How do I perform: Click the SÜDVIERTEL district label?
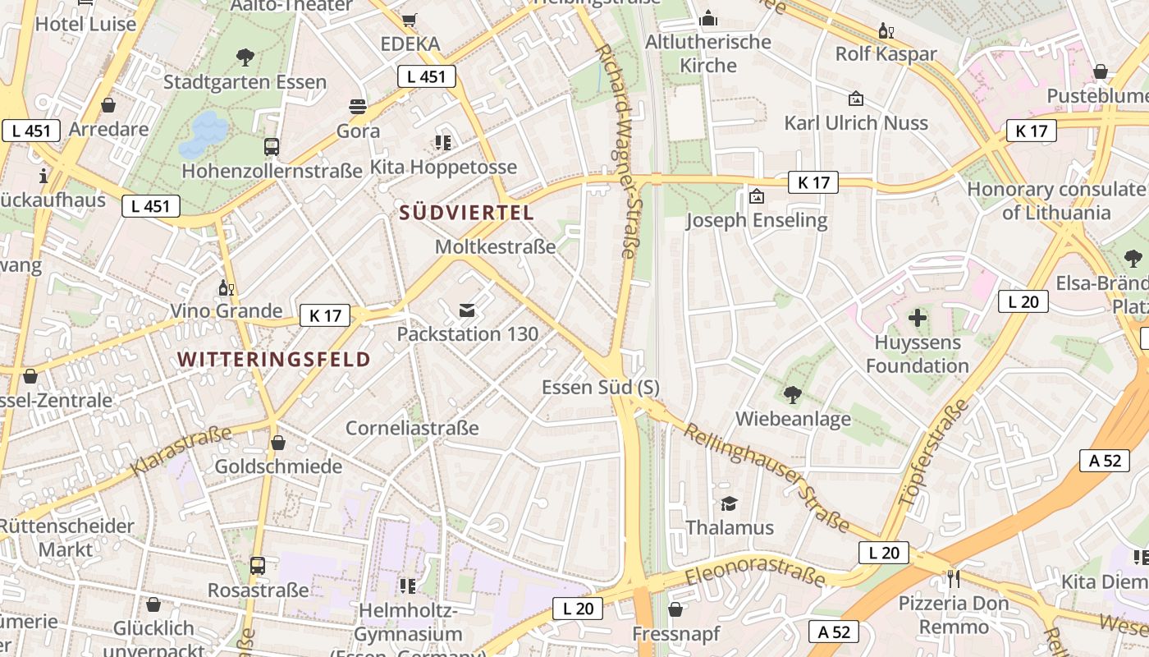point(466,213)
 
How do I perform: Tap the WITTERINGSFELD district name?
point(274,359)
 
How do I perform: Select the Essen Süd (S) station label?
point(601,387)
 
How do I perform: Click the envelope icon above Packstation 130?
point(467,310)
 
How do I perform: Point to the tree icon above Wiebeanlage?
point(792,395)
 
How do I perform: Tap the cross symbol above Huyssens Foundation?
point(917,317)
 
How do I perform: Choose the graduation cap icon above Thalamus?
point(729,503)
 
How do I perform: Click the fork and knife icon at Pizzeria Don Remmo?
point(953,578)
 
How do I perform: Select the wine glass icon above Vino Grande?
point(226,287)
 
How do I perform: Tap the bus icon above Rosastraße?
point(258,566)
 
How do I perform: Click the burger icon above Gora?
point(358,106)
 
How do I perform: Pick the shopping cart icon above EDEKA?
point(410,20)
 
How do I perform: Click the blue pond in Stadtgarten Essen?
point(204,134)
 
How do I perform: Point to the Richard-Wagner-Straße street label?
point(617,151)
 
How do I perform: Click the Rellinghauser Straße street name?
point(767,476)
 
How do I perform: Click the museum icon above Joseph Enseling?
point(756,196)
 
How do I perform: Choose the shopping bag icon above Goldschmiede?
point(278,443)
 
